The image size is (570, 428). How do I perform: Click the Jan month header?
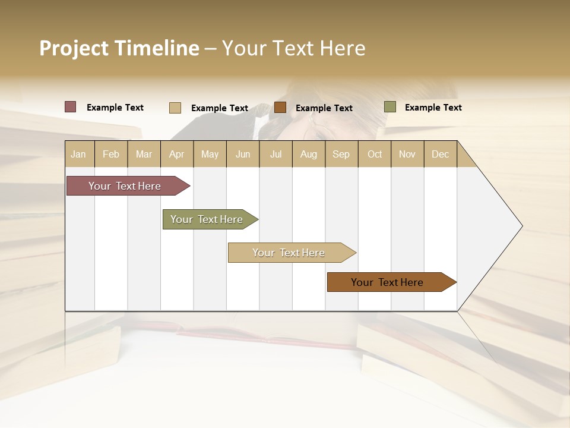[x=79, y=154]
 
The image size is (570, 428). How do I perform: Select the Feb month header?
[x=111, y=154]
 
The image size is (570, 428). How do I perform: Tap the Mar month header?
[x=144, y=154]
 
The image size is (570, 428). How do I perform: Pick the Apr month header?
[x=176, y=154]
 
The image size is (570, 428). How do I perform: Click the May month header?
[x=210, y=154]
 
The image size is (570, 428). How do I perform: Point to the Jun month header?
[x=243, y=154]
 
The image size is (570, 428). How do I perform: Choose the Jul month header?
[x=275, y=154]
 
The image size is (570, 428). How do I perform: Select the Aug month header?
[x=309, y=154]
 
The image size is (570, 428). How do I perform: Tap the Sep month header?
[x=341, y=154]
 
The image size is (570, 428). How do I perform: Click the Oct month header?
[x=375, y=154]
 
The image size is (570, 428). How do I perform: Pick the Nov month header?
[x=407, y=154]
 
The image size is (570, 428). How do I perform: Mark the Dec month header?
[x=441, y=154]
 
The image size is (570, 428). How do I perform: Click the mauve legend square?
[x=71, y=107]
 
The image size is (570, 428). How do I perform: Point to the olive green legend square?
[x=390, y=107]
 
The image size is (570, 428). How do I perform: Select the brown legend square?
[x=280, y=107]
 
